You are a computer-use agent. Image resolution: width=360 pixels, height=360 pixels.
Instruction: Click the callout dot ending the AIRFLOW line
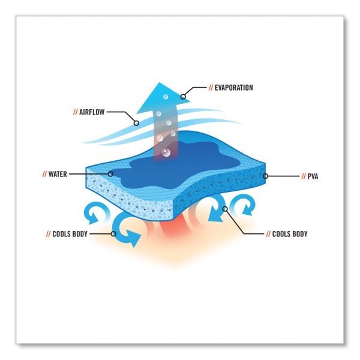[137, 123]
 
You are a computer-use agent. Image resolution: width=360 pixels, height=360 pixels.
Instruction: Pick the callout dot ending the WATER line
[111, 174]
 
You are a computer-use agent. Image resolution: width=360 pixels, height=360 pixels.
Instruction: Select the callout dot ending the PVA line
[265, 176]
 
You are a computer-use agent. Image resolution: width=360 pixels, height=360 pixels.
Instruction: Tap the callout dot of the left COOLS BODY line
[113, 233]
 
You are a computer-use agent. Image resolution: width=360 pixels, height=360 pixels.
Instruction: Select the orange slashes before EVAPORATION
[211, 88]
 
